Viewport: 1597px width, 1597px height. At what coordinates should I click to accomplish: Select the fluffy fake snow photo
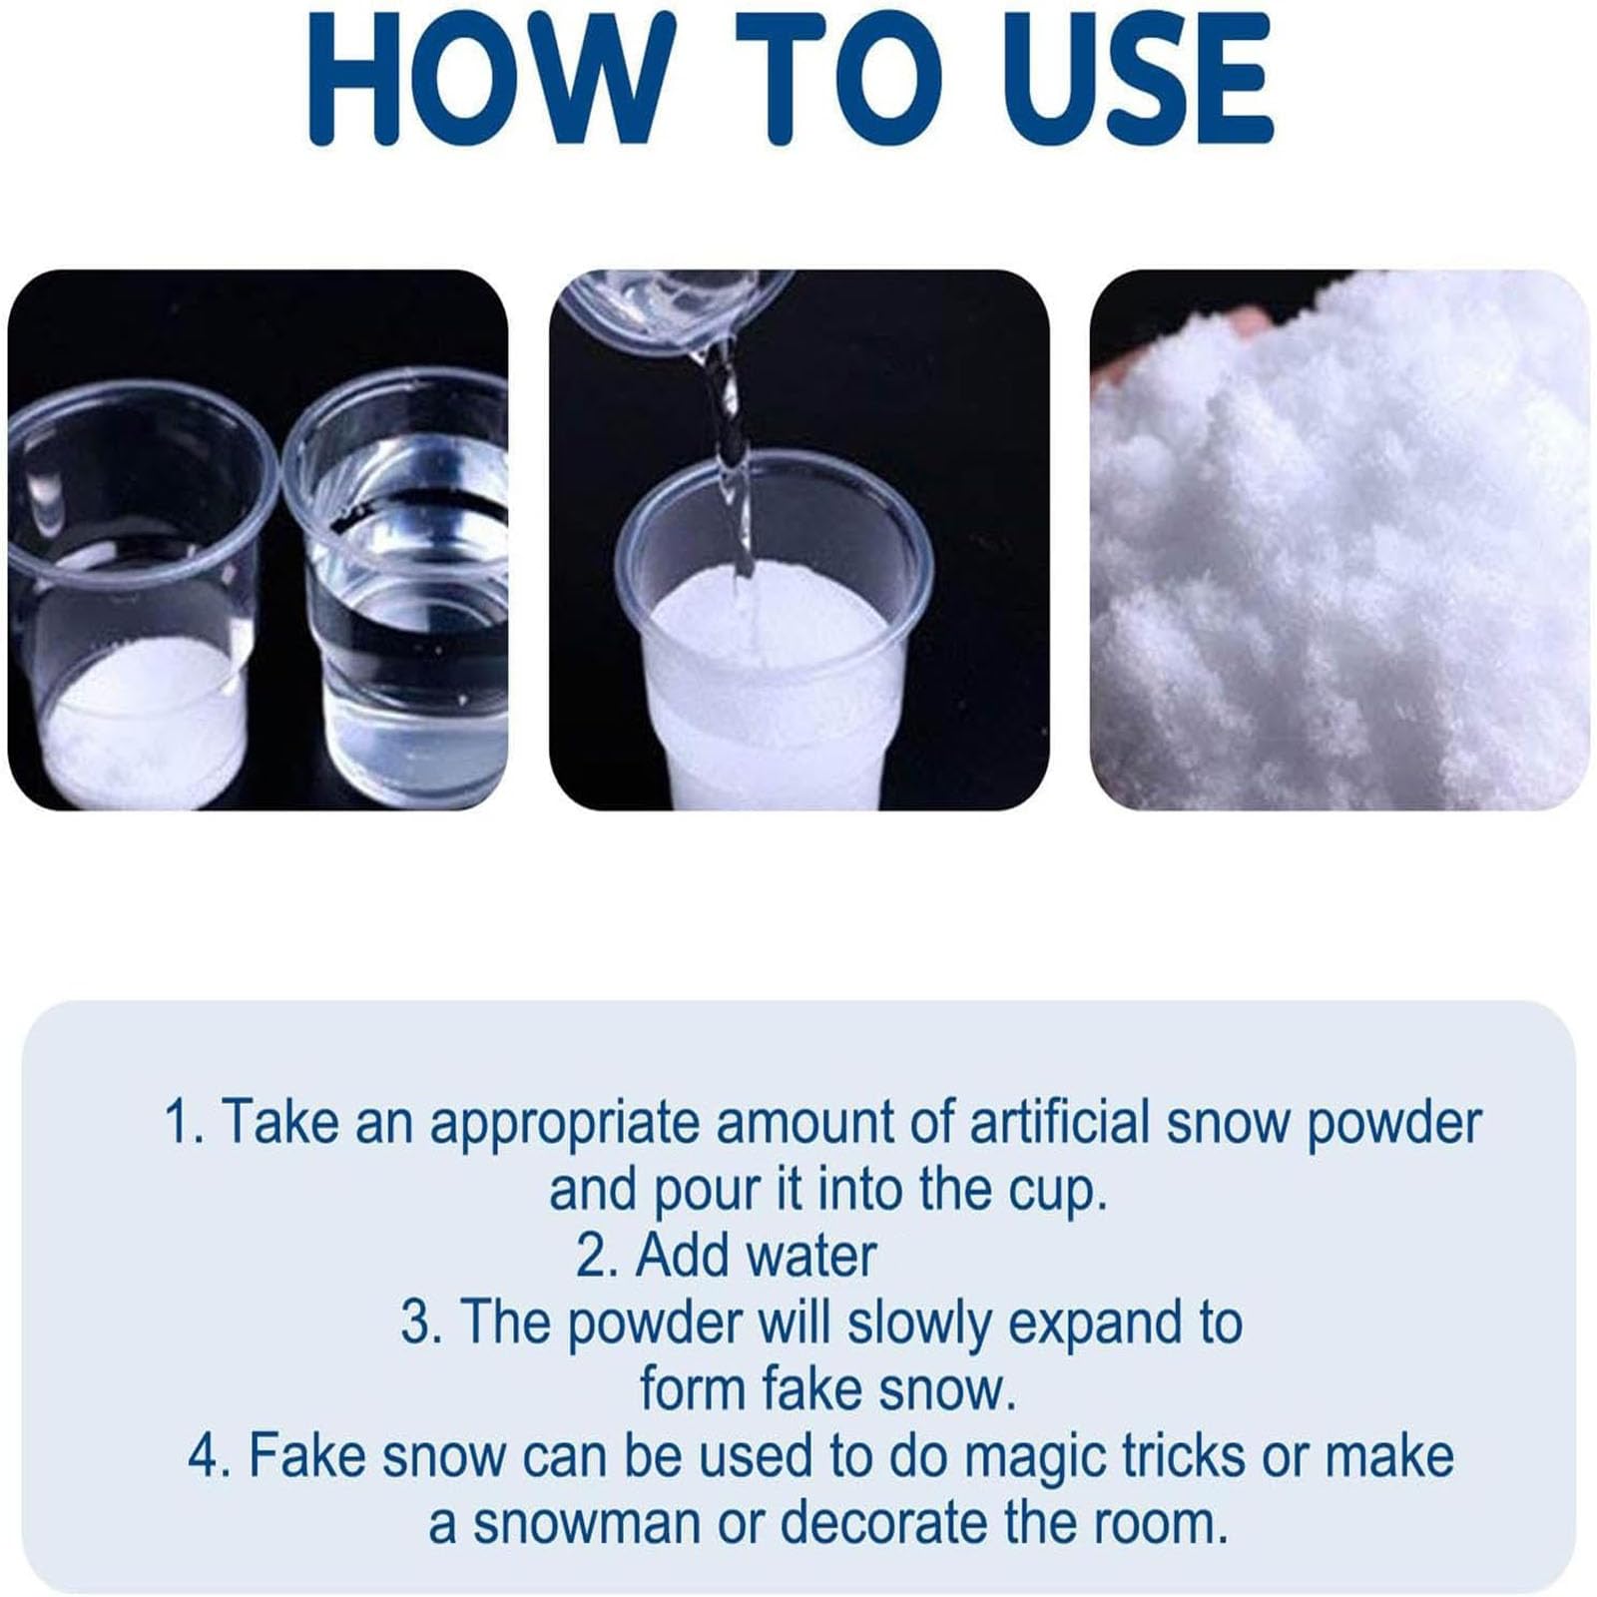(1339, 540)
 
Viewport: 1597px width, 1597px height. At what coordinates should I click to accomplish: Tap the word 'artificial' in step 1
(1061, 1120)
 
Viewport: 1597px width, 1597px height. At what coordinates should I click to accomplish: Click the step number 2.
(597, 1256)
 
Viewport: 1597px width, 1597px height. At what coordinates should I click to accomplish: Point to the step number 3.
(421, 1323)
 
